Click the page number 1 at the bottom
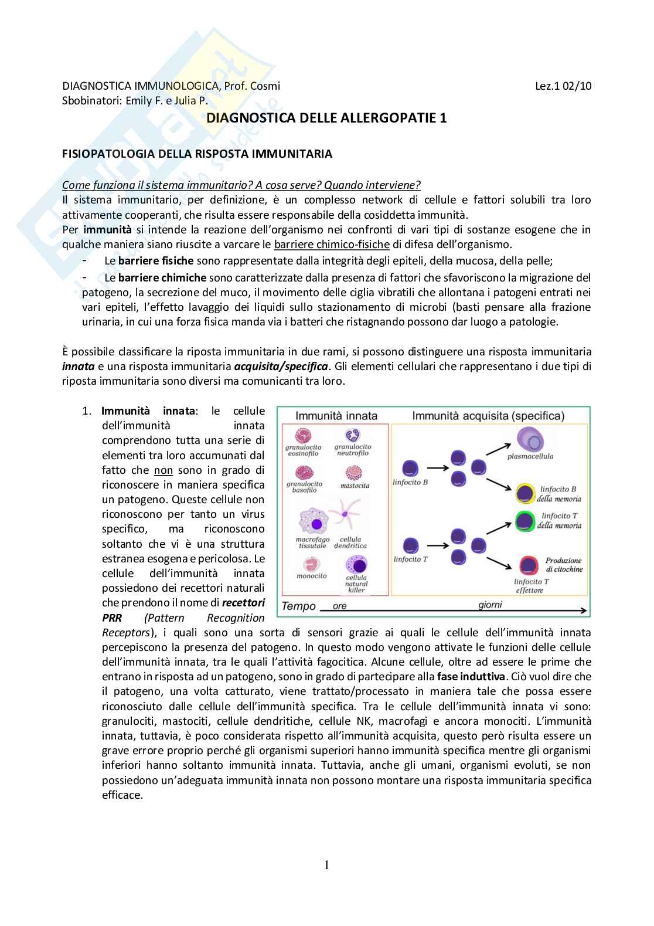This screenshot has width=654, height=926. (x=326, y=865)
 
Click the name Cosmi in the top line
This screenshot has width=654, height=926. (x=265, y=86)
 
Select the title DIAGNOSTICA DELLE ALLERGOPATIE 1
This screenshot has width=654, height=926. (x=327, y=118)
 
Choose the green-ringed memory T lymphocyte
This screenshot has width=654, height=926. (x=526, y=520)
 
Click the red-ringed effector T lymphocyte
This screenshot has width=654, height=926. (x=529, y=566)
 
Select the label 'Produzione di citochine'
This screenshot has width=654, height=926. (x=564, y=565)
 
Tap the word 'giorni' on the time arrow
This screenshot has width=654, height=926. (x=489, y=605)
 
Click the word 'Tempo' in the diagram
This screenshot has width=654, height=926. (x=299, y=606)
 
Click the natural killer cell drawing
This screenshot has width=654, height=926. (x=356, y=565)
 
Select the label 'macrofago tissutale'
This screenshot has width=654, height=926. (x=313, y=542)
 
